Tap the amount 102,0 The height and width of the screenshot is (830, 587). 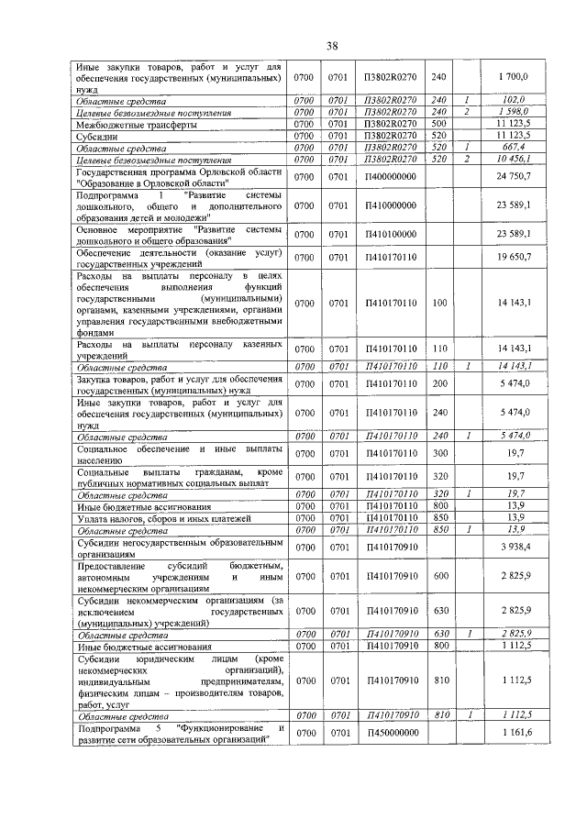pyautogui.click(x=518, y=100)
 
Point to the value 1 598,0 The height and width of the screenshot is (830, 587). pyautogui.click(x=518, y=112)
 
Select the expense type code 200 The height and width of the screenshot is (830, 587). pyautogui.click(x=438, y=384)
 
